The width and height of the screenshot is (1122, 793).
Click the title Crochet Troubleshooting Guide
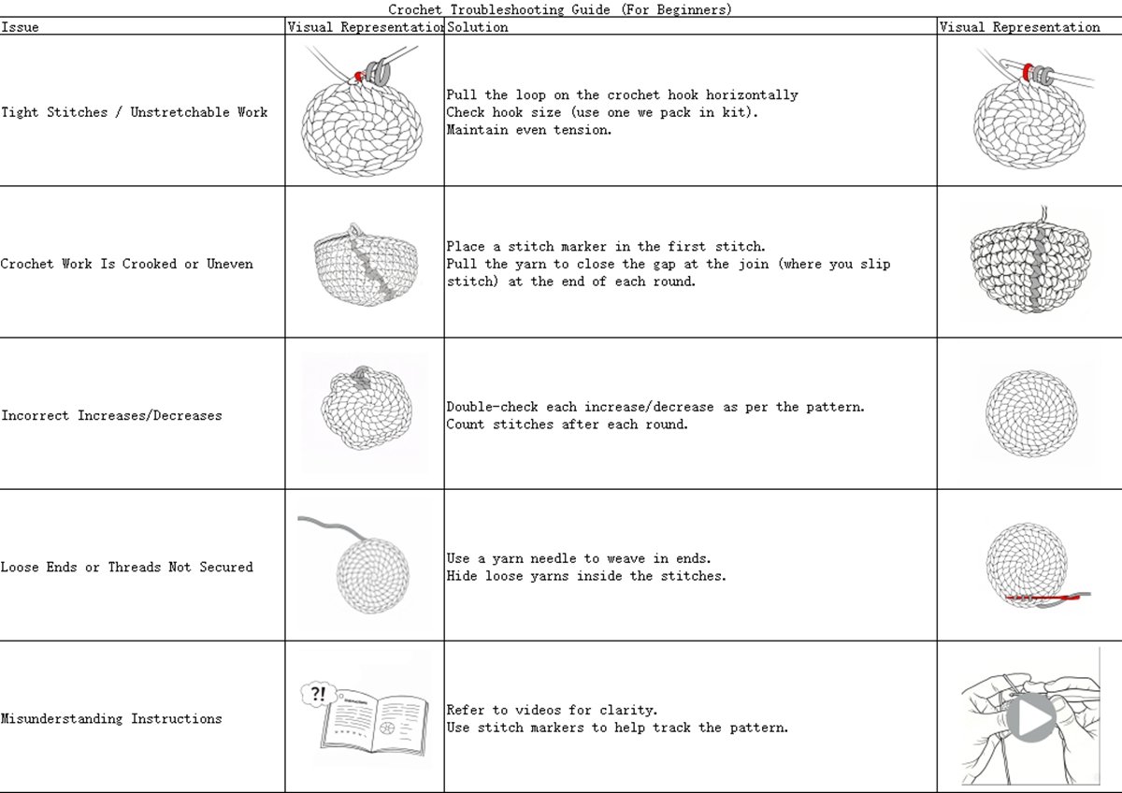[x=560, y=9]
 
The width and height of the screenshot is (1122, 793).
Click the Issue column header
[x=21, y=27]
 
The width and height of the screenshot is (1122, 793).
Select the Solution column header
[x=478, y=27]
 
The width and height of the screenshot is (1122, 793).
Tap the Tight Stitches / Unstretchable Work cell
[x=134, y=112]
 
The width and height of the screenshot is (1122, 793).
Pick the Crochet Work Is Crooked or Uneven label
[x=126, y=264]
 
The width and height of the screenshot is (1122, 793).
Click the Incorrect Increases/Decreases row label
[x=111, y=415]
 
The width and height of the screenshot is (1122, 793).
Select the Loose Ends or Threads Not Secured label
[x=126, y=567]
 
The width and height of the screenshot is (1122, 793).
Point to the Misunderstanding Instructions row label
[x=111, y=718]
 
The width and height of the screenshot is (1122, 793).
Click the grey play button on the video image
[x=1030, y=718]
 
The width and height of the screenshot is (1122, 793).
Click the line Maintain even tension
[x=529, y=130]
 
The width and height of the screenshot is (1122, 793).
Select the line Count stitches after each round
[x=567, y=425]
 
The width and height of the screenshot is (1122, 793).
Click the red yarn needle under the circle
[x=1043, y=597]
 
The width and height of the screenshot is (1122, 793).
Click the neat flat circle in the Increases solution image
[x=1031, y=412]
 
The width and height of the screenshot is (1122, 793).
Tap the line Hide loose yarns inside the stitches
[x=585, y=576]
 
